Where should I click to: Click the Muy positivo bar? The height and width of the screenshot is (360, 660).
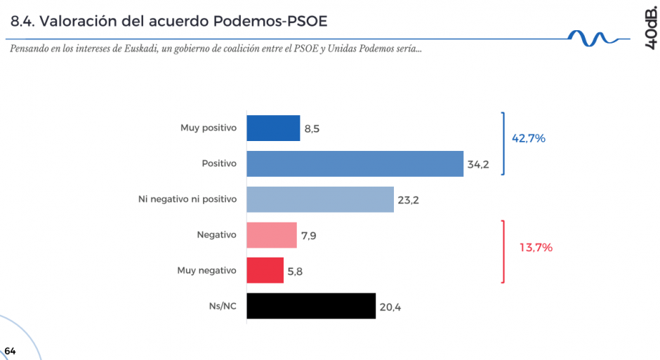[x=273, y=128]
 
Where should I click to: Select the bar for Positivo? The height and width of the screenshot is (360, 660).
[x=355, y=164]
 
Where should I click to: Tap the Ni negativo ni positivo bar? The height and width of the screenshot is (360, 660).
[x=319, y=199]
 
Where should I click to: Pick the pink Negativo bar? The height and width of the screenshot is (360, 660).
[x=272, y=235]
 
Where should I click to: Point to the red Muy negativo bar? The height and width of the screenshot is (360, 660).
[x=265, y=270]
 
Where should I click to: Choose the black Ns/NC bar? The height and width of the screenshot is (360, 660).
[x=311, y=306]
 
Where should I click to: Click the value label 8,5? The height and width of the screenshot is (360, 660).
[x=312, y=128]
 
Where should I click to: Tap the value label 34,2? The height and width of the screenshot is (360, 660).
[x=478, y=164]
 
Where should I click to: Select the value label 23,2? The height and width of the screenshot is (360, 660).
[x=409, y=200]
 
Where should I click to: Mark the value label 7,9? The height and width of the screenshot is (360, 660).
[x=308, y=235]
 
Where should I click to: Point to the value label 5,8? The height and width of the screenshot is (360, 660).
[x=296, y=271]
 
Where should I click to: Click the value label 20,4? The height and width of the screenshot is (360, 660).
[x=390, y=307]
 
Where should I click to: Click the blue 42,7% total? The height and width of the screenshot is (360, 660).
[x=529, y=138]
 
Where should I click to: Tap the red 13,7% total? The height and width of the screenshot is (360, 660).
[x=536, y=247]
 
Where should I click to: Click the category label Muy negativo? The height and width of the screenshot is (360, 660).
[x=209, y=270]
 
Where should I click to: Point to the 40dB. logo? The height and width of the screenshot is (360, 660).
[x=649, y=30]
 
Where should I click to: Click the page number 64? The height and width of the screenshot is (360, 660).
[x=10, y=350]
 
